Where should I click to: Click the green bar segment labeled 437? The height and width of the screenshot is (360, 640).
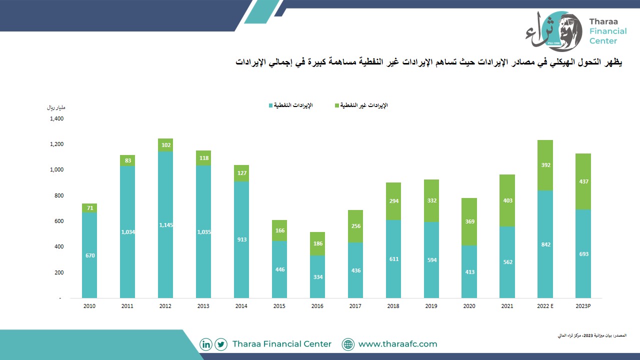[x=583, y=181]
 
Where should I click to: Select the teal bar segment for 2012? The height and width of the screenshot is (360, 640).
[x=165, y=225]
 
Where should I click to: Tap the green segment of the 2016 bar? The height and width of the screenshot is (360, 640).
[x=317, y=243]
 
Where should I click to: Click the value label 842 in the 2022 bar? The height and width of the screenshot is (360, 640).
[x=545, y=244]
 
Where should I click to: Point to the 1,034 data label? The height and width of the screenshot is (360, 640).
[x=127, y=232]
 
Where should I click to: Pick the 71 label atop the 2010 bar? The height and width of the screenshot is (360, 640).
[x=90, y=208]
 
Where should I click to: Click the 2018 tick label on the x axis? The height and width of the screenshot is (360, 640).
[x=393, y=306]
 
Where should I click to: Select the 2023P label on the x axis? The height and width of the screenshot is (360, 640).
[x=583, y=306]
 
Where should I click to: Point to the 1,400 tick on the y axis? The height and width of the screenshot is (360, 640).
[x=57, y=118]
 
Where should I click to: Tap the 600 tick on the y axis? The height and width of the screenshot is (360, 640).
[x=59, y=221]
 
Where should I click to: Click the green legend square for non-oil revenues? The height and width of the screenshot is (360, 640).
[x=337, y=105]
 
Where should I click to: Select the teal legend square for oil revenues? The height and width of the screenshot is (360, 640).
[x=270, y=105]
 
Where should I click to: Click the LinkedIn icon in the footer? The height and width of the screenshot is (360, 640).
[x=205, y=344]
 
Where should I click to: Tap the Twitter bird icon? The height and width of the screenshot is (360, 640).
[x=221, y=344]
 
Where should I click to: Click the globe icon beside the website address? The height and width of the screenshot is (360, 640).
[x=348, y=344]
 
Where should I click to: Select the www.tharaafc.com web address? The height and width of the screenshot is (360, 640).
[x=397, y=344]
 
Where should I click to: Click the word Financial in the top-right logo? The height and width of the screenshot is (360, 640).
[x=608, y=31]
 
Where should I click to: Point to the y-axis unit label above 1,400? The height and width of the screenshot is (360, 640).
[x=56, y=107]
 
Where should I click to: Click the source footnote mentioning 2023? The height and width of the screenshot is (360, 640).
[x=592, y=335]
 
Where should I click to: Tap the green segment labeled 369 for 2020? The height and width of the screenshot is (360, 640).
[x=469, y=221]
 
